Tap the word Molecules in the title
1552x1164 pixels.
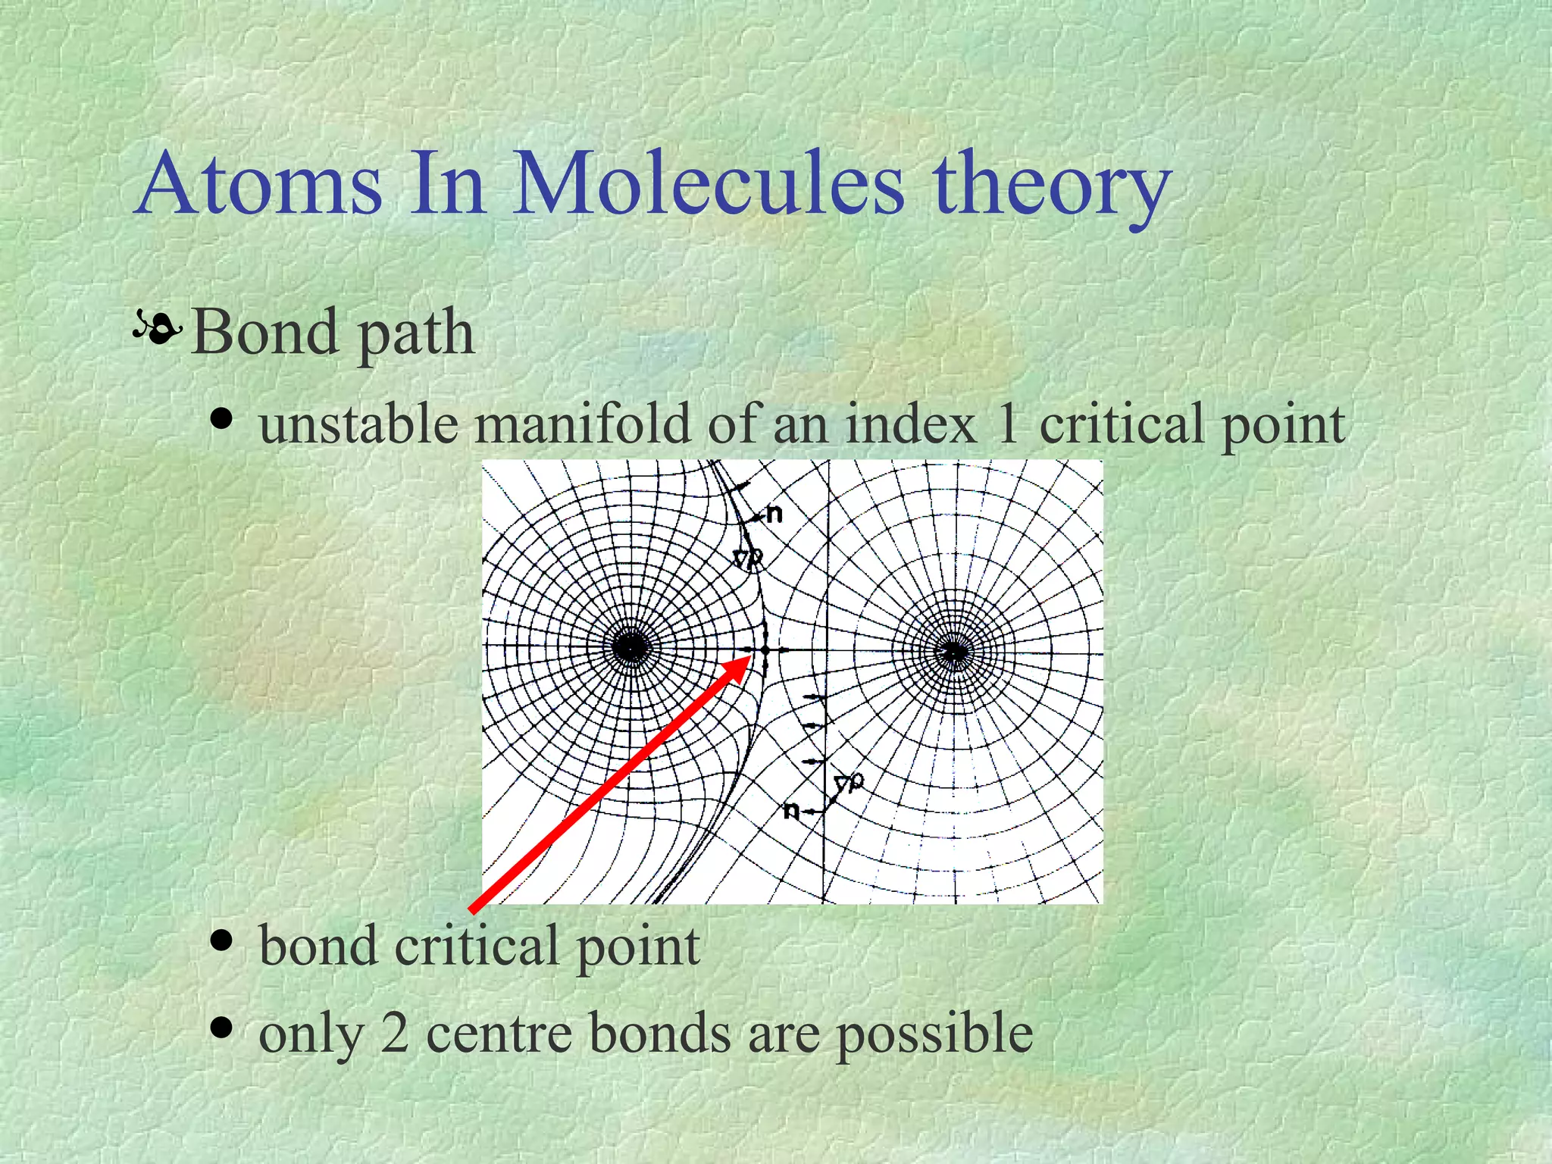[x=709, y=184]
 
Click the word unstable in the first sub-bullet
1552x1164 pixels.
[x=358, y=424]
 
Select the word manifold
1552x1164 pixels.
[x=582, y=424]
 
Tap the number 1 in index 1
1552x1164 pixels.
[x=1008, y=424]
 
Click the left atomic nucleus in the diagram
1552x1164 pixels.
[x=630, y=649]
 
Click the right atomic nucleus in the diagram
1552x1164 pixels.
[x=953, y=651]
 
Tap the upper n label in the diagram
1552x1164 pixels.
[x=774, y=515]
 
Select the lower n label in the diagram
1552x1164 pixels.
[x=791, y=811]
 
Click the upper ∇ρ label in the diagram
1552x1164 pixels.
[x=748, y=559]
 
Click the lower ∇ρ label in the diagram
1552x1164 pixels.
[x=848, y=783]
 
